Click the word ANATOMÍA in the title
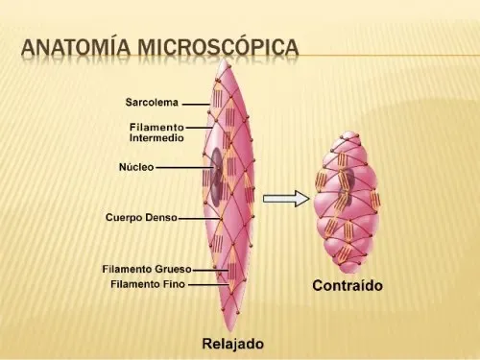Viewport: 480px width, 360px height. click(75, 47)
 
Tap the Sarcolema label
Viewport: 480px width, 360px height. click(153, 102)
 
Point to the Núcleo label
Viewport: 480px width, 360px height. click(135, 166)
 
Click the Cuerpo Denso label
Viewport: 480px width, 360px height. click(141, 218)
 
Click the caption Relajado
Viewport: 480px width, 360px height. click(231, 343)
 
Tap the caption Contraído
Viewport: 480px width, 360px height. click(348, 285)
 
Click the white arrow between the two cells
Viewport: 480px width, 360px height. click(286, 199)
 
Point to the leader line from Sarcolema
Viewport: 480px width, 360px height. click(197, 102)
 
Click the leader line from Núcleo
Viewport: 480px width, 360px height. click(182, 166)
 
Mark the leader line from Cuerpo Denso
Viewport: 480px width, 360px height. click(191, 218)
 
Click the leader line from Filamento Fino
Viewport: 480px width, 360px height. click(205, 284)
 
